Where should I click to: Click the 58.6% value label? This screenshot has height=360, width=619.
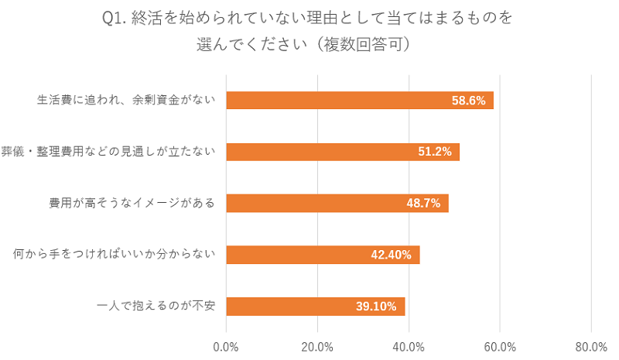[469, 101]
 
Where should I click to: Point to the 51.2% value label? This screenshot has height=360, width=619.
[435, 152]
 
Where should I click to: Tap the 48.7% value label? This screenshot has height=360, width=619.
[423, 204]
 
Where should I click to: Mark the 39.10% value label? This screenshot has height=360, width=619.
[376, 307]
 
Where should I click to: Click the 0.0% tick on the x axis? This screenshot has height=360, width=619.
[226, 346]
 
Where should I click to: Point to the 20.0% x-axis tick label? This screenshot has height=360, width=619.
[317, 346]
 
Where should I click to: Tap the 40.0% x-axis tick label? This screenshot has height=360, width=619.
[409, 346]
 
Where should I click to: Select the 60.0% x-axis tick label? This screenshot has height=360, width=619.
[500, 346]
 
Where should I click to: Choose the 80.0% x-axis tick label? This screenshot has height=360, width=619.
[591, 346]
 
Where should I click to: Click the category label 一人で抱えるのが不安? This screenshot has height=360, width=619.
[156, 307]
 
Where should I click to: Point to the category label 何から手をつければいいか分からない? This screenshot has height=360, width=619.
[115, 255]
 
